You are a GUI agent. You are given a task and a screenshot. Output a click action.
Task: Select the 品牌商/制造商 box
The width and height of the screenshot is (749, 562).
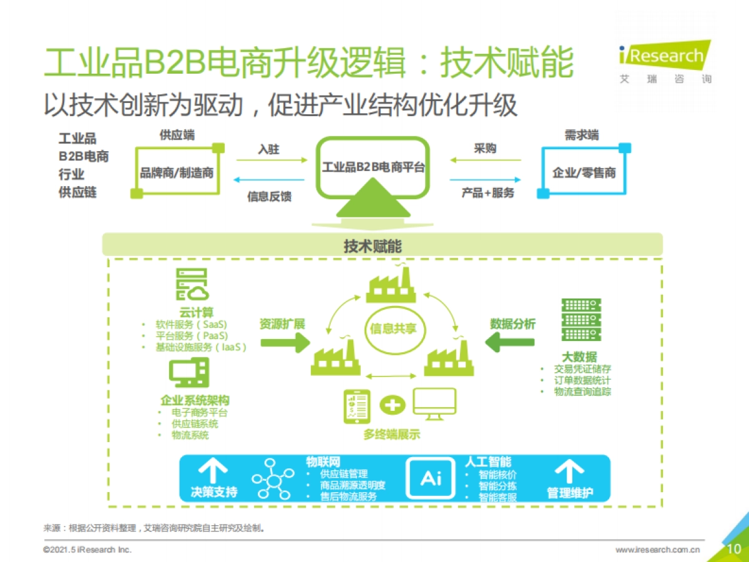(177, 172)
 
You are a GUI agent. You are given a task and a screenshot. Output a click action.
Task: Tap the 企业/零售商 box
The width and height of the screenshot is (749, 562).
(584, 172)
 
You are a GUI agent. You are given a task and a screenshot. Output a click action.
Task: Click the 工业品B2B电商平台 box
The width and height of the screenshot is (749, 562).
(373, 167)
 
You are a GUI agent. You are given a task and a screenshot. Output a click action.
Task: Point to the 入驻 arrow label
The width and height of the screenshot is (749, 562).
(268, 150)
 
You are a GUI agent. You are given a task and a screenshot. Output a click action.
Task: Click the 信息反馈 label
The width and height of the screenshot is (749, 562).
(269, 197)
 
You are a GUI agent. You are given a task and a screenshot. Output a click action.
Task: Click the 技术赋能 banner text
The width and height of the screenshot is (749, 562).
(373, 246)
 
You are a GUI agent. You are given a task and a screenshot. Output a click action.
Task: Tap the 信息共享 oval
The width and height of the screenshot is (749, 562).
(393, 328)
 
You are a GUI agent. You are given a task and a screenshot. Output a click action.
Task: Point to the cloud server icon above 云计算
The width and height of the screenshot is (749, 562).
(191, 286)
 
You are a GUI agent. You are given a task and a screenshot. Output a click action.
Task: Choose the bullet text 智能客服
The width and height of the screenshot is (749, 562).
(497, 498)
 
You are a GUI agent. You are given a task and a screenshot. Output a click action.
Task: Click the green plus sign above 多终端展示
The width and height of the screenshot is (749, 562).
(392, 405)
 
